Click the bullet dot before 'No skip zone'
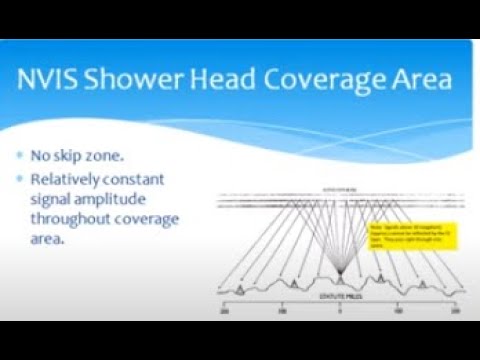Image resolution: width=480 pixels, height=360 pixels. (21, 157)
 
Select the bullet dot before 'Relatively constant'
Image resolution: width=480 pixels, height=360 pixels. (21, 180)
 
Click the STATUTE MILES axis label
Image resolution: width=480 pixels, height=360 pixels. (338, 299)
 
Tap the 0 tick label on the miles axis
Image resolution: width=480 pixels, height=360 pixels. (338, 312)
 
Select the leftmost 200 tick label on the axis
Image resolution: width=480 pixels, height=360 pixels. (224, 312)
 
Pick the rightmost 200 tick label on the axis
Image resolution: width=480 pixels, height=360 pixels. (454, 312)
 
